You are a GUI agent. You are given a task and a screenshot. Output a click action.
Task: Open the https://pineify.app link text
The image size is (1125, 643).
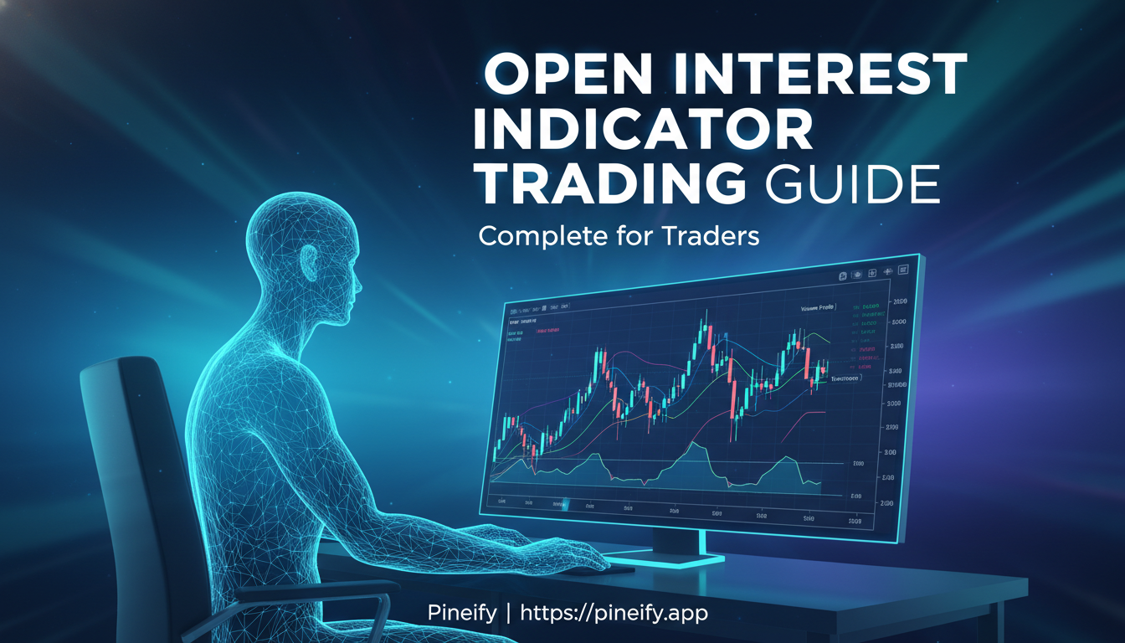[614, 614]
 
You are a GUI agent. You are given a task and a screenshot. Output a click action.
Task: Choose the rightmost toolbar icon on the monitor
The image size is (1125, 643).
[903, 270]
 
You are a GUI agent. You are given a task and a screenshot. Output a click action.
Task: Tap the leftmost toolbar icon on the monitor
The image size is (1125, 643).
[843, 275]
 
